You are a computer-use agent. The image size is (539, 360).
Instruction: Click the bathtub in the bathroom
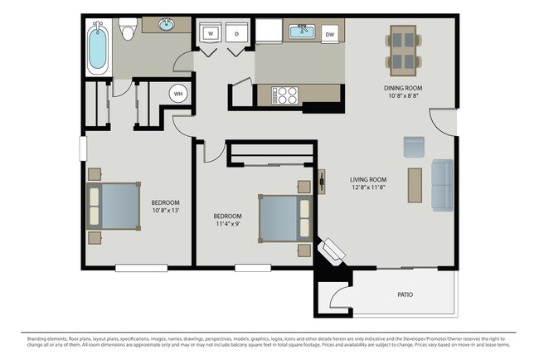point(98,47)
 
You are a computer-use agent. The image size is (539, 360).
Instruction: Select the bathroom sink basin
point(165,25)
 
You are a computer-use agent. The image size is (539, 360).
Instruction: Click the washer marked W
point(211,34)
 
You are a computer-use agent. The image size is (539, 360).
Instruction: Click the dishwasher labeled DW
point(330,34)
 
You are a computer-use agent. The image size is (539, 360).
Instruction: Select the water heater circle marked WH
point(178,94)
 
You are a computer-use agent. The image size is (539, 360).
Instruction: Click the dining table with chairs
point(404,50)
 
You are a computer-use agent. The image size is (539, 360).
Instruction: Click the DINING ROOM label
point(404,88)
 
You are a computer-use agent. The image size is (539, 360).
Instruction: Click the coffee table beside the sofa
point(415,185)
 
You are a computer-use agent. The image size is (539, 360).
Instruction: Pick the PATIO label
point(405,294)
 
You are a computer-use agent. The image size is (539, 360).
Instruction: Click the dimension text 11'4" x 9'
point(226,224)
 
